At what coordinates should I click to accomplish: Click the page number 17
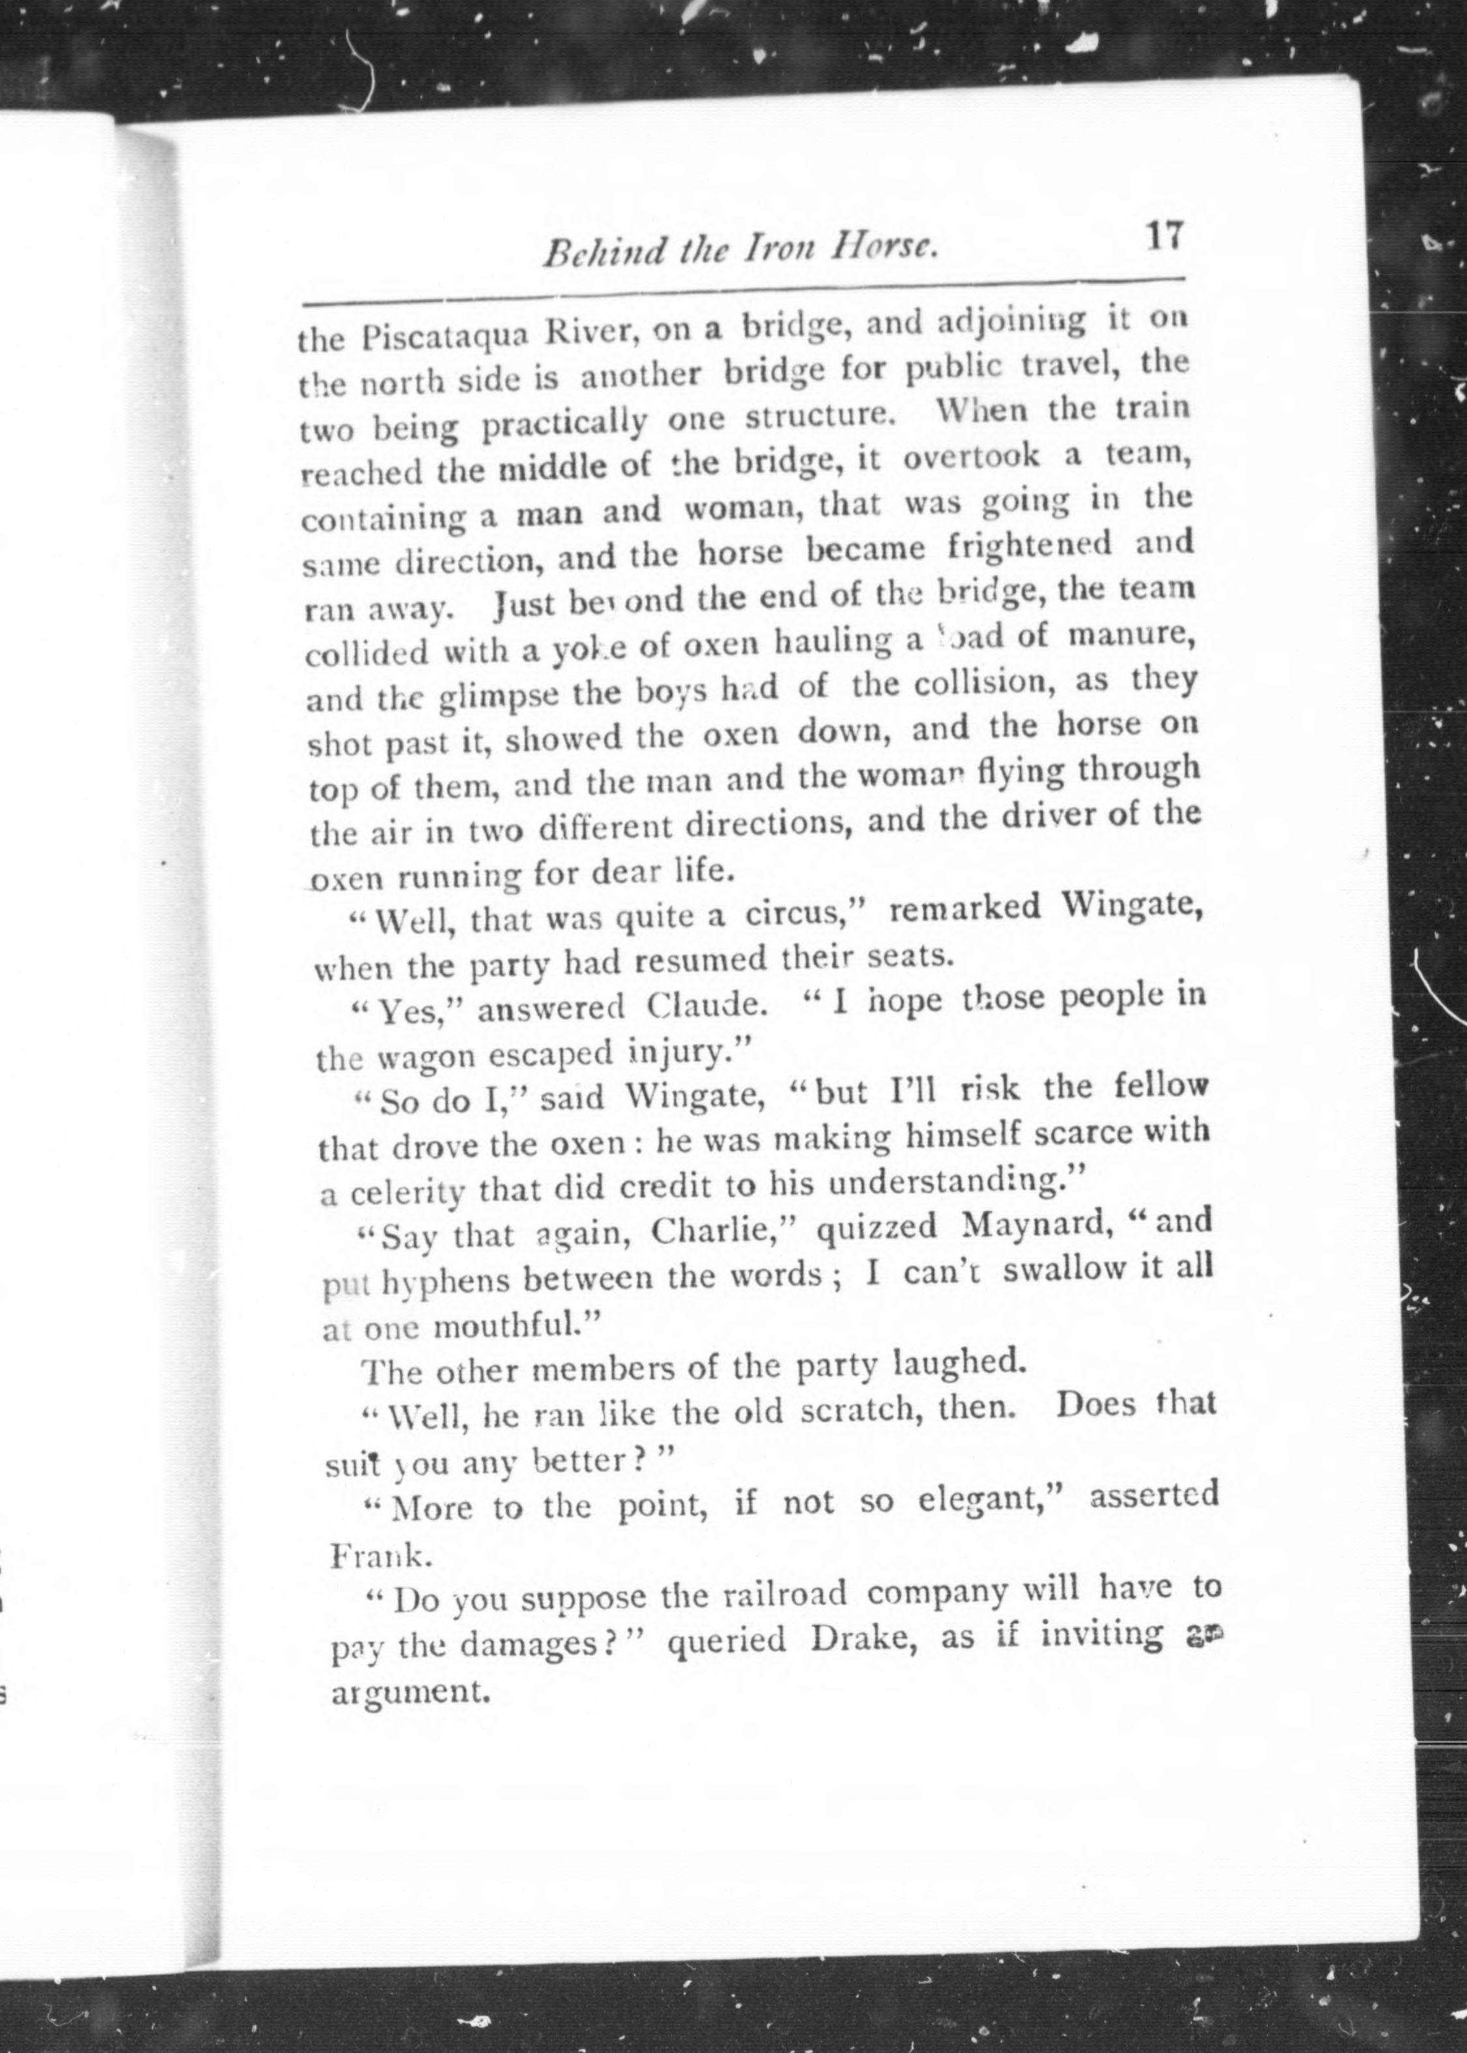click(1163, 236)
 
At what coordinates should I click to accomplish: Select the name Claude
click(715, 1005)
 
